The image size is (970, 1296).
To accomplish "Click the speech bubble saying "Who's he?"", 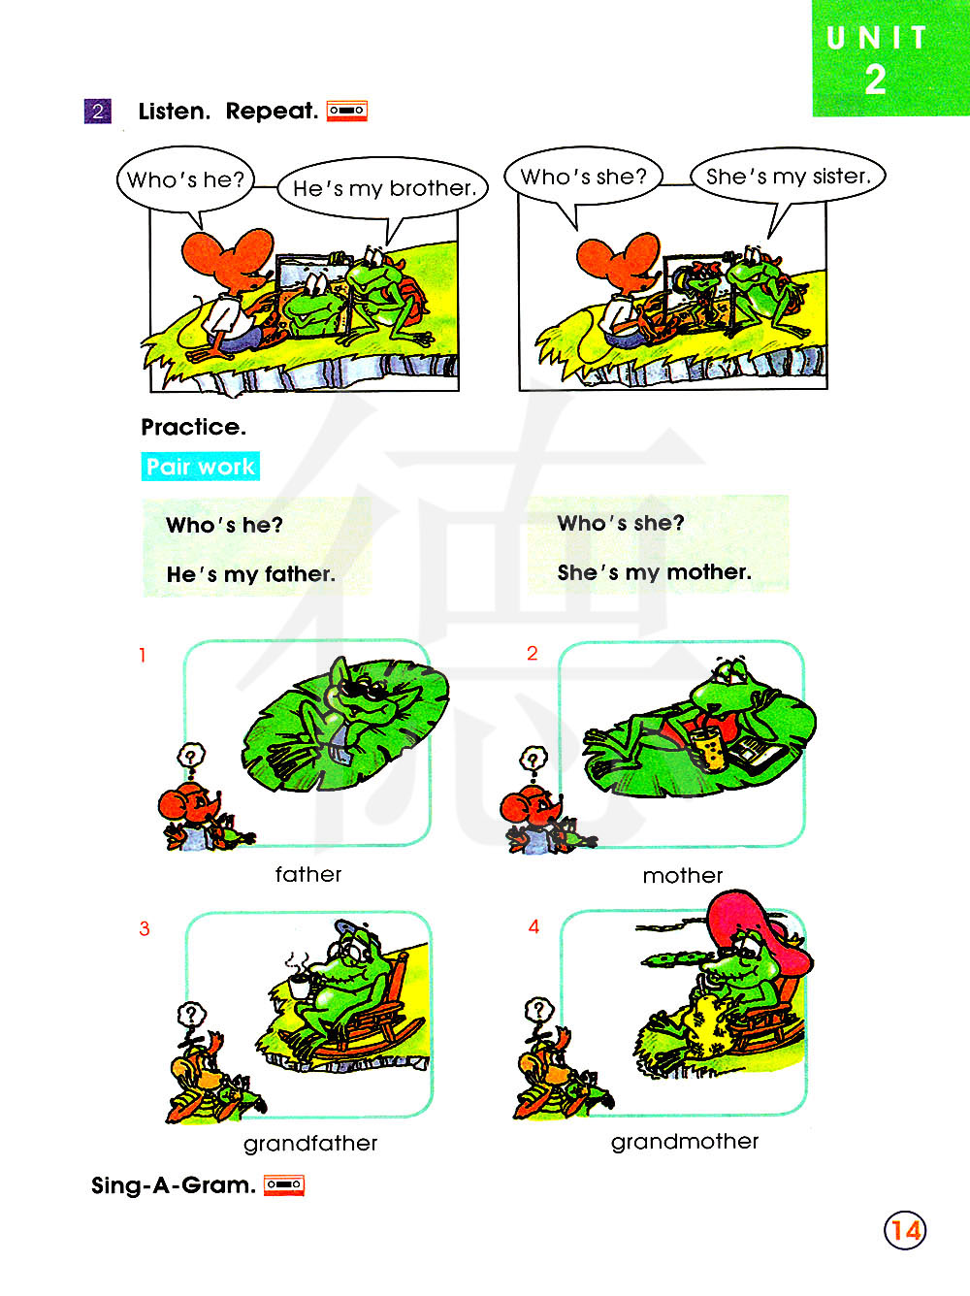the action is click(185, 179).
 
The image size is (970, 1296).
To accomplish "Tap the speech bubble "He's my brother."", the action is click(383, 189).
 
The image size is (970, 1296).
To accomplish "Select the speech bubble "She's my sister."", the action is click(789, 176).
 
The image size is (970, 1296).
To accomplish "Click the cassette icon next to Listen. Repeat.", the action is click(347, 111).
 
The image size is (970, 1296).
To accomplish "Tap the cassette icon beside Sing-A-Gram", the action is click(284, 1184).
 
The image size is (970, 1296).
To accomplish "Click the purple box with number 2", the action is click(98, 111).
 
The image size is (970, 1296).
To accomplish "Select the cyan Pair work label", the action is click(200, 467).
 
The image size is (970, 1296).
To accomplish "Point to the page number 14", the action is click(905, 1230).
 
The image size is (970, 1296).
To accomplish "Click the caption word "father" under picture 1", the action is click(308, 874).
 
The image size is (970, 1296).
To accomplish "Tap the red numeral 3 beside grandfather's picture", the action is click(145, 928).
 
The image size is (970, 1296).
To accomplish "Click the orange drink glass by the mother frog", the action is click(707, 749).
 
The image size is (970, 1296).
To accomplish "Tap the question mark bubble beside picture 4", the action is click(538, 1011).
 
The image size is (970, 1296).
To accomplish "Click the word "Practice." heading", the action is click(194, 427).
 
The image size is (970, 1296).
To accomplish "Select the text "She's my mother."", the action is click(654, 572).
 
